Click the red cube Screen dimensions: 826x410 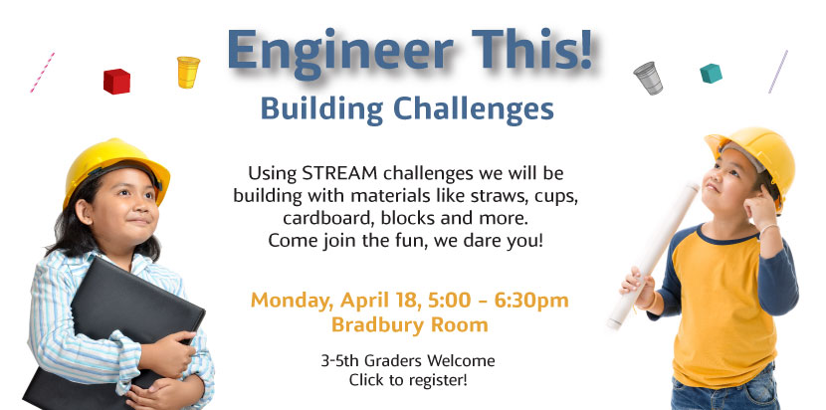coord(116,82)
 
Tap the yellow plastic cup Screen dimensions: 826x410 coord(188,73)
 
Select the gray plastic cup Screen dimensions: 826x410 coord(648,78)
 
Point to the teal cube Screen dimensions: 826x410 coord(711,74)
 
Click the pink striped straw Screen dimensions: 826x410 coord(42,73)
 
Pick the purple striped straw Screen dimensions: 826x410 coord(778,72)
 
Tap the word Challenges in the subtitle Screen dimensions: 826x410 coord(473,109)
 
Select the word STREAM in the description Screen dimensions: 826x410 coord(340,172)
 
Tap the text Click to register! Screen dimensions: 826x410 coord(408,379)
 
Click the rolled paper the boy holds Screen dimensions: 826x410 coord(653,255)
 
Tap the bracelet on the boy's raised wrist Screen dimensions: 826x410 coord(767,229)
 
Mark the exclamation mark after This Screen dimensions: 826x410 coord(585,50)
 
